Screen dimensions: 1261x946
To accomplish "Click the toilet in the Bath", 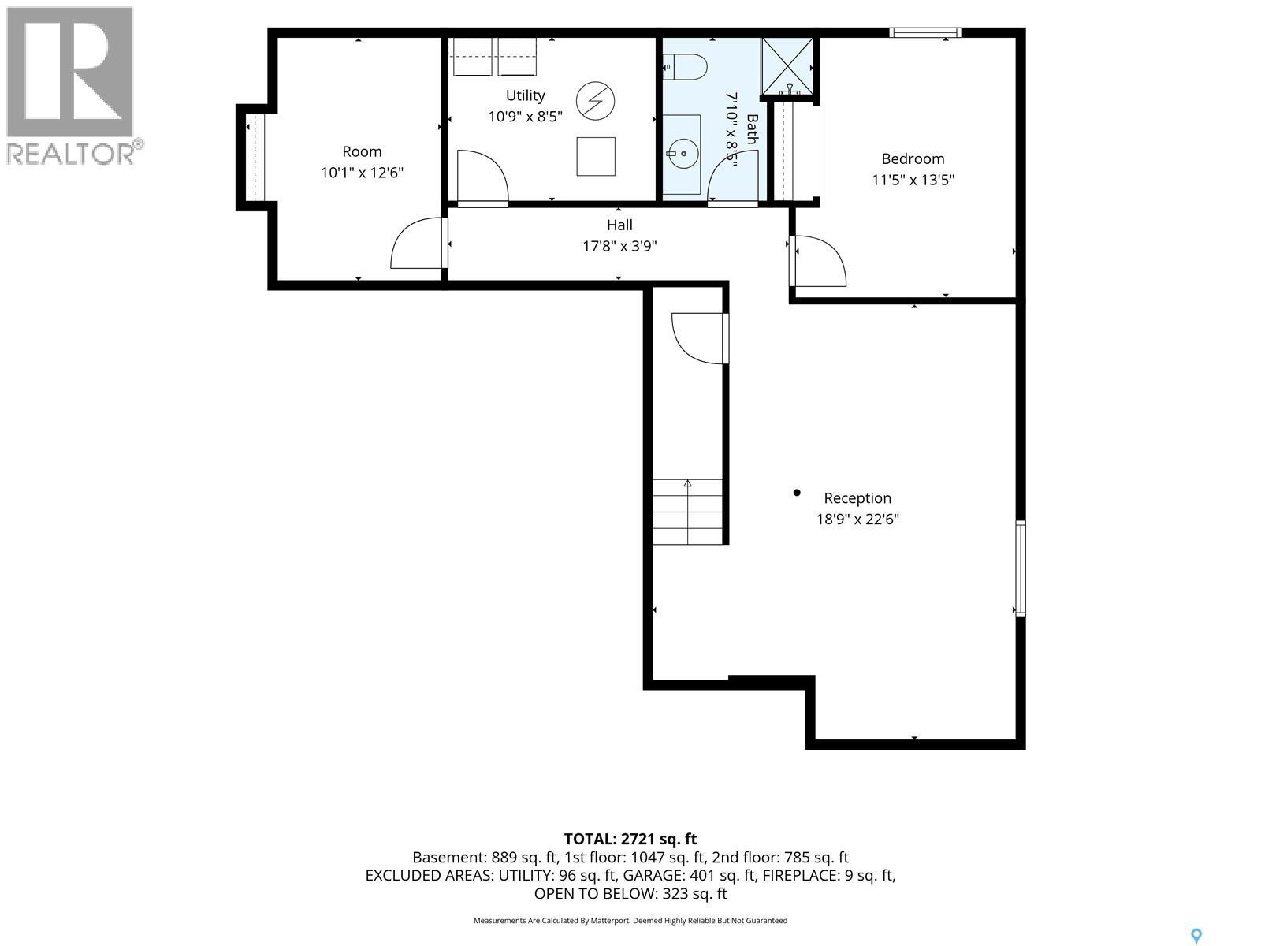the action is (x=684, y=67).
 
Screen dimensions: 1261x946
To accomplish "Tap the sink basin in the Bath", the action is (x=683, y=154).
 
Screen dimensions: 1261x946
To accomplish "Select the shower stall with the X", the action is (x=787, y=66).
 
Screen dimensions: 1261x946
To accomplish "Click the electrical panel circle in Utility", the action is (x=595, y=101).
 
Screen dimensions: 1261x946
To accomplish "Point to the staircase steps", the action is (x=687, y=511).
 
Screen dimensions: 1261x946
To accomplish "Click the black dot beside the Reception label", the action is (x=797, y=492).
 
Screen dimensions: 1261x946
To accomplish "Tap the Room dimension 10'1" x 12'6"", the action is (x=362, y=173).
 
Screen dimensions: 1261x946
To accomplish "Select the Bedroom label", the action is (x=913, y=158).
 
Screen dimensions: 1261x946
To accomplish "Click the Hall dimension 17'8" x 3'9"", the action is (x=619, y=246).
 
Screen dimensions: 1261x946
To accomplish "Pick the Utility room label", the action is (x=525, y=95).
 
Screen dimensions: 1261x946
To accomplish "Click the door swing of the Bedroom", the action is (x=818, y=262).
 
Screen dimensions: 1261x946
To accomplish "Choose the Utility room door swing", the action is (x=482, y=177).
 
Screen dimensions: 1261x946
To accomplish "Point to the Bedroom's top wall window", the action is (x=925, y=33).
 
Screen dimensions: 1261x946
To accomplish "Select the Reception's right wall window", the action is (x=1021, y=568).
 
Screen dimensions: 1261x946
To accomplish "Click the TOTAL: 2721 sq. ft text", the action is (x=630, y=839).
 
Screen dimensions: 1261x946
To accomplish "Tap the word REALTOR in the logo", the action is (x=71, y=154).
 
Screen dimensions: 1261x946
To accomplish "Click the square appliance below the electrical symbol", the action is (x=596, y=156).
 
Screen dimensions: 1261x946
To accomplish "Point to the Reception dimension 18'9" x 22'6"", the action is (x=857, y=520).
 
